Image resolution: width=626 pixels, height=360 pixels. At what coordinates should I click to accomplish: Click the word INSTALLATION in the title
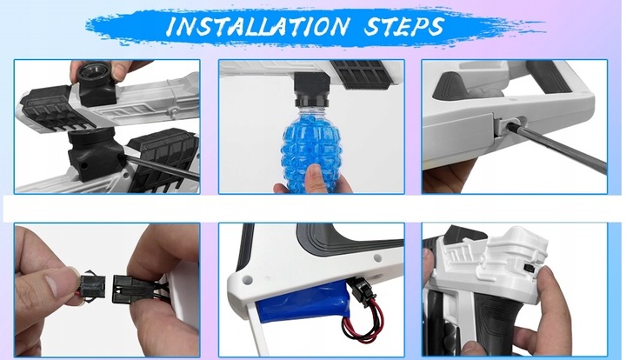[257, 26]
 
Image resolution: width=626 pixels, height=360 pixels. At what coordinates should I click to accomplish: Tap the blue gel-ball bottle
[311, 146]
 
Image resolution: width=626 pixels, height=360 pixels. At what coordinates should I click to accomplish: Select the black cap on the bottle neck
[311, 100]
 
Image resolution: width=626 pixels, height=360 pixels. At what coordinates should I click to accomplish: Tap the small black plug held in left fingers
[92, 283]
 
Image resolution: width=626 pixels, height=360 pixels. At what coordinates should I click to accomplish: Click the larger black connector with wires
[132, 288]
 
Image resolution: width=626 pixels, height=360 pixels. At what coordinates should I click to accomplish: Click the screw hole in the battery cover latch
[509, 125]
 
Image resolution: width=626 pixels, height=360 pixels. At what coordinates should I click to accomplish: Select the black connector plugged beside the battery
[362, 288]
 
